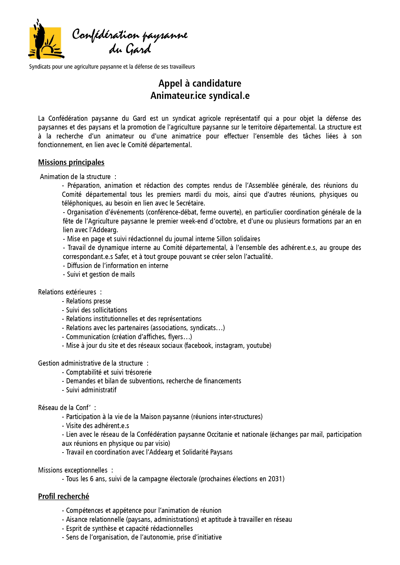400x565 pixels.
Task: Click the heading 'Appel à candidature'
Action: [200, 83]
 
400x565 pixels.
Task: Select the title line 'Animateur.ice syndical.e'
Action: [200, 96]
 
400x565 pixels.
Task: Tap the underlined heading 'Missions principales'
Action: [71, 162]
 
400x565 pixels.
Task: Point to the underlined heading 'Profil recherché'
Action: [63, 496]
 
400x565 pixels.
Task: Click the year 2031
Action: [275, 479]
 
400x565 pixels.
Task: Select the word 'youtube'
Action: [259, 346]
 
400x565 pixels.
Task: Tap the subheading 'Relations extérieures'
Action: [67, 292]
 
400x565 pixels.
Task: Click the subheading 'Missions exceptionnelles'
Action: [73, 470]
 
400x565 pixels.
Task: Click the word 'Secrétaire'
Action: [190, 203]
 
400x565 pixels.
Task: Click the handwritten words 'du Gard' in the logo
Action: [130, 49]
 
